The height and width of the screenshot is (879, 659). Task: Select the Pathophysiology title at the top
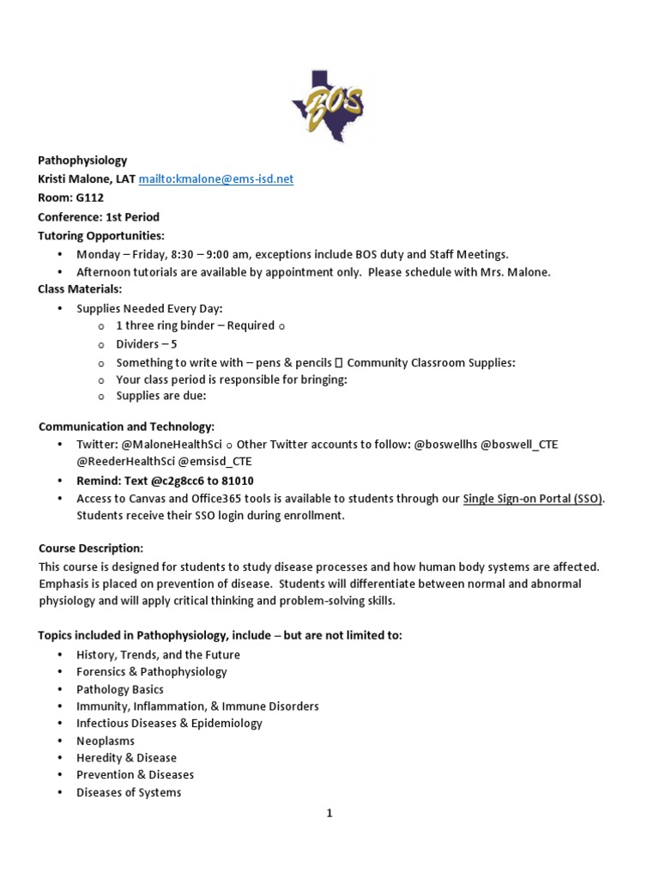82,160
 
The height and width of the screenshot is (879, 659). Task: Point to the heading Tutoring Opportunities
100,235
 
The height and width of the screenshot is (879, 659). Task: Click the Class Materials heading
80,289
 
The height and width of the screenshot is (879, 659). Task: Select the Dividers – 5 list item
147,343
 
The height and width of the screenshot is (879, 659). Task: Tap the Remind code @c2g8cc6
181,480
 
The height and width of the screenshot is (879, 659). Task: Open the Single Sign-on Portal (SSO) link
533,498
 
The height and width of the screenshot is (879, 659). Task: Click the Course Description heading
90,548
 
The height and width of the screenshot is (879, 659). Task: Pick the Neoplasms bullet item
106,740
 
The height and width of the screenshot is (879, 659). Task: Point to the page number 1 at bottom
329,814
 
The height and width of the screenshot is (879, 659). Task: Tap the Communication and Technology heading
126,427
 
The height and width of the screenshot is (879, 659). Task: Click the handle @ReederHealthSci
125,461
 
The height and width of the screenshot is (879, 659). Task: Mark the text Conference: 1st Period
98,216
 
